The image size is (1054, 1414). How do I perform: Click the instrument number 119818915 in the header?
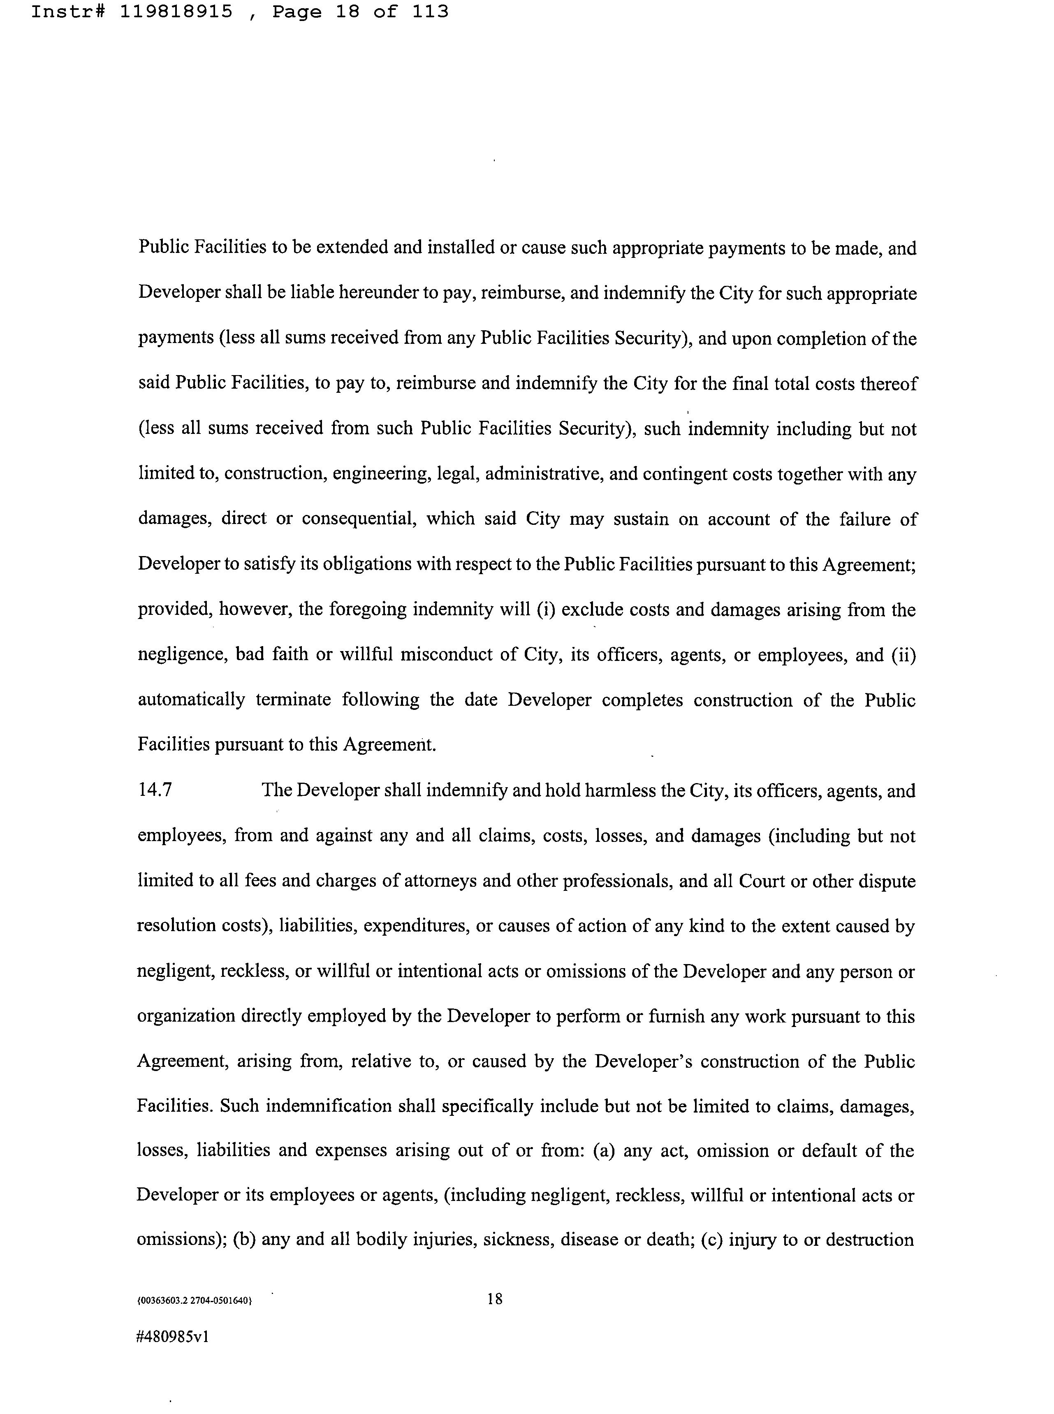[176, 12]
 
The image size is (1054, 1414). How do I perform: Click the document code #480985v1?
[173, 1336]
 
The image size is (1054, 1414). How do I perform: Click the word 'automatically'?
[191, 700]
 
